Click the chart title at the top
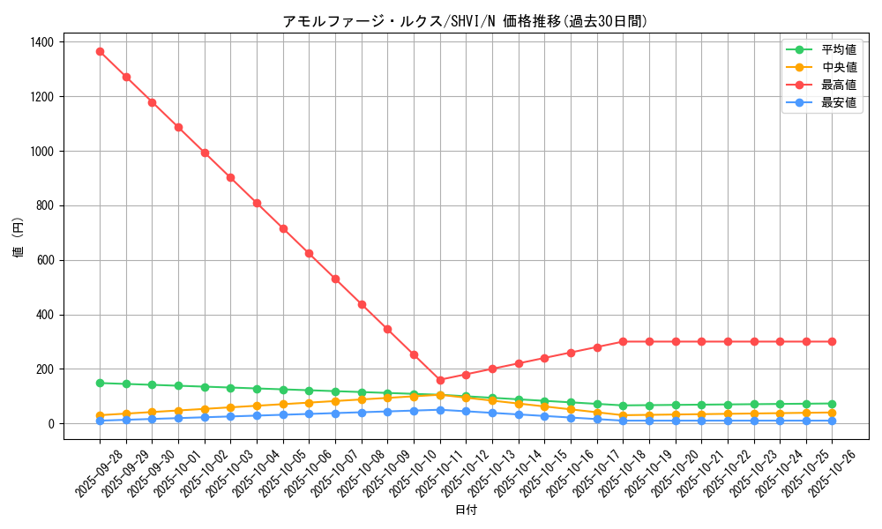(465, 21)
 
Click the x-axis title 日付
(465, 510)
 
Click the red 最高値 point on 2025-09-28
(100, 51)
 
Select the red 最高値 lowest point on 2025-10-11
(440, 380)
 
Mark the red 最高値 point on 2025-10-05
(283, 228)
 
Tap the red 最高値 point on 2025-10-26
(832, 341)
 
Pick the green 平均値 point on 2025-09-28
(100, 383)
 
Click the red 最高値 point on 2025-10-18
(623, 341)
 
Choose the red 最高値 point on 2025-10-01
(178, 127)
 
